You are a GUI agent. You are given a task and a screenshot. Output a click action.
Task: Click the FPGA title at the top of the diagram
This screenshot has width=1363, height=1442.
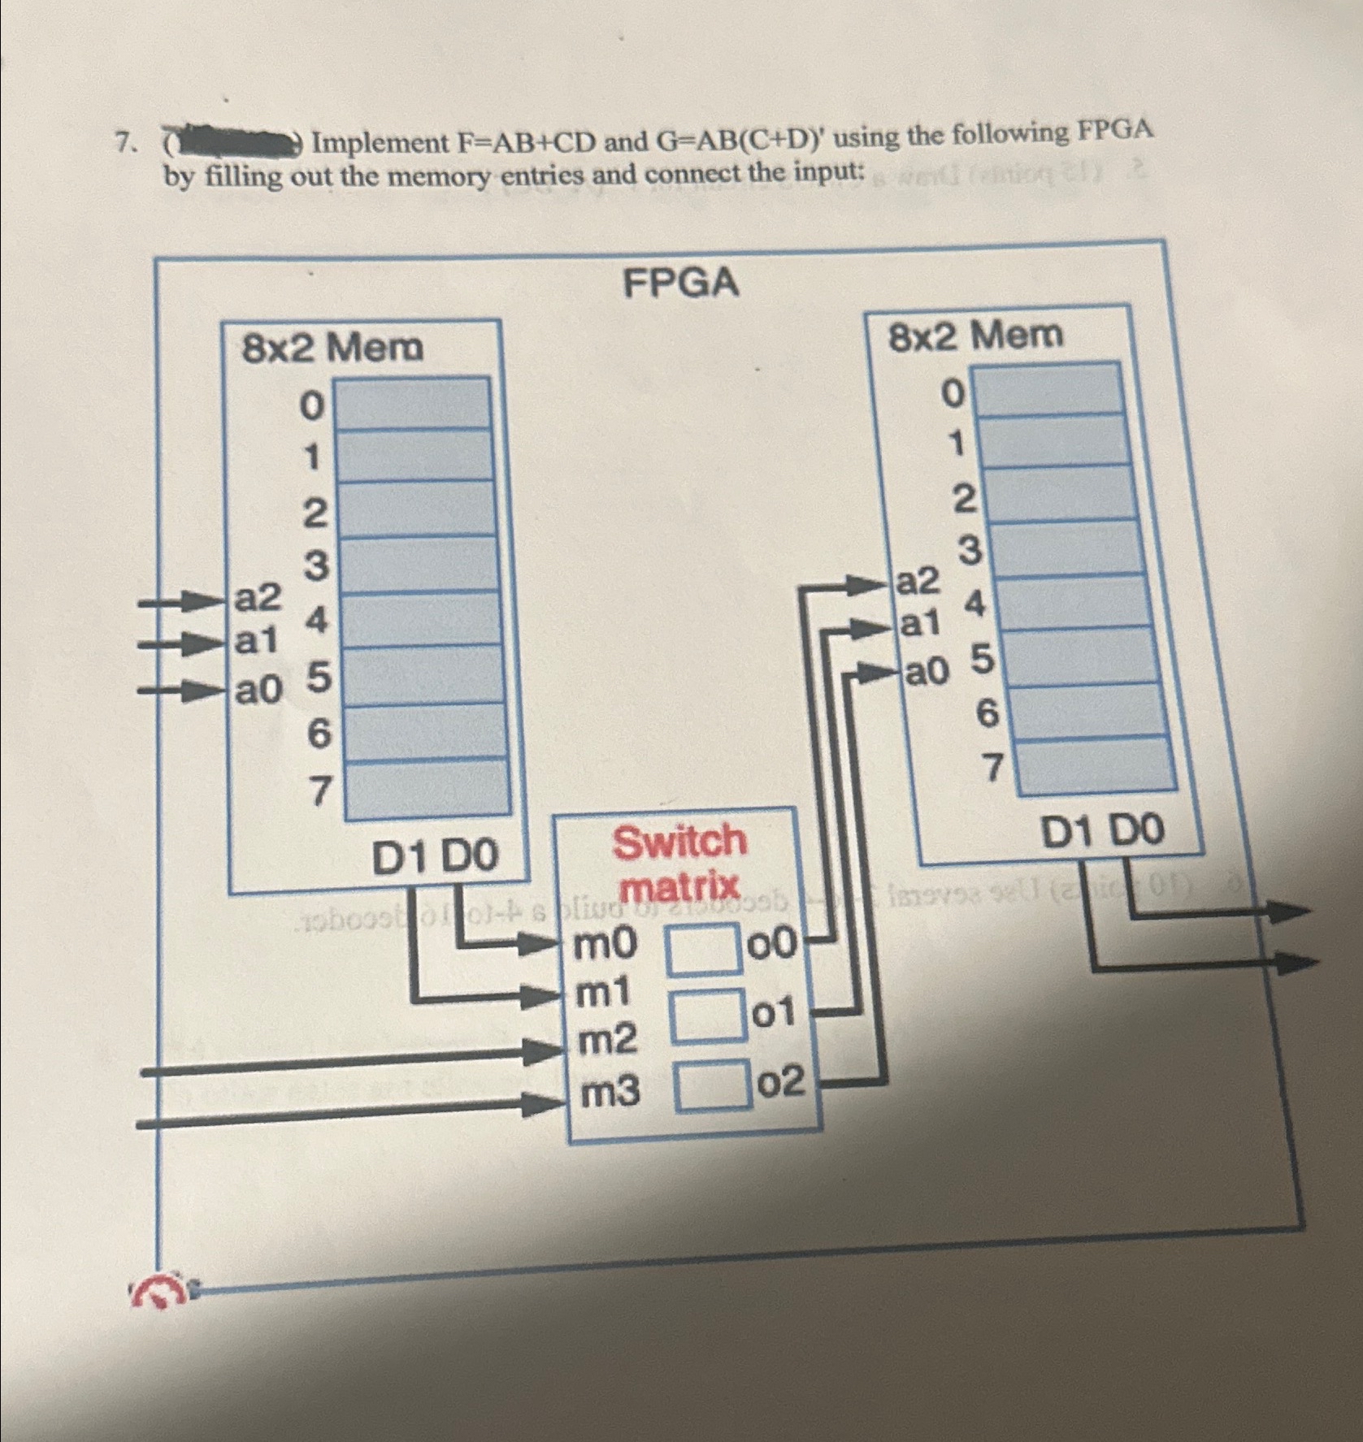pyautogui.click(x=680, y=284)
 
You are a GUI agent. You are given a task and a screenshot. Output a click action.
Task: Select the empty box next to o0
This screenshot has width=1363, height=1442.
pyautogui.click(x=705, y=954)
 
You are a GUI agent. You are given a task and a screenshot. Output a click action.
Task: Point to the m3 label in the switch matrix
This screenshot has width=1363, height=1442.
pyautogui.click(x=609, y=1093)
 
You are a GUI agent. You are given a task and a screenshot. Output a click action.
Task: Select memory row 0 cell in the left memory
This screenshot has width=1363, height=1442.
pyautogui.click(x=413, y=403)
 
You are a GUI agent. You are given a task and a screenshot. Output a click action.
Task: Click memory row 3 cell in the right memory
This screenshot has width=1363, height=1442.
pyautogui.click(x=1060, y=548)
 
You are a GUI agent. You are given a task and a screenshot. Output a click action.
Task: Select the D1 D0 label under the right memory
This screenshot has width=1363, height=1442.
pyautogui.click(x=1102, y=832)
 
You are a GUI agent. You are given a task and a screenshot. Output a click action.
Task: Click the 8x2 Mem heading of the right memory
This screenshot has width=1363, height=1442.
pyautogui.click(x=975, y=335)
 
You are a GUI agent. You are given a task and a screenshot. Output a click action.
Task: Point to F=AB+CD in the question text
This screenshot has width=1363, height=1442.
pyautogui.click(x=527, y=142)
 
